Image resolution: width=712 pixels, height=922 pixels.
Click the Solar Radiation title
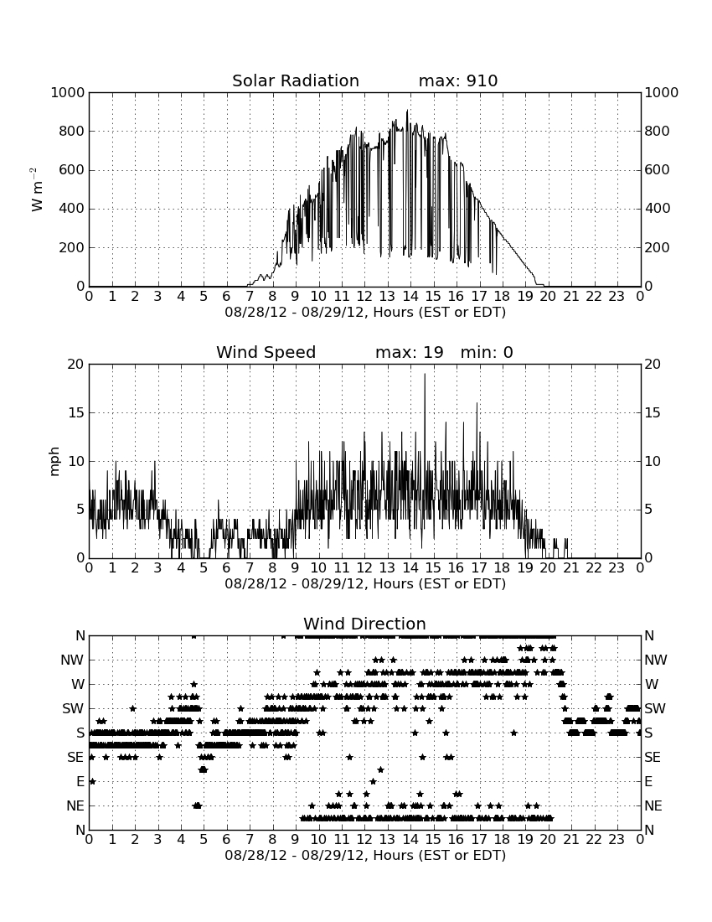tap(296, 80)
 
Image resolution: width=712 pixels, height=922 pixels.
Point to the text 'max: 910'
tap(458, 80)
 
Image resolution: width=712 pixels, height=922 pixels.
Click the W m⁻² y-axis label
tap(37, 189)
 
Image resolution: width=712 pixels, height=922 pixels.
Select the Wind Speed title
tap(266, 352)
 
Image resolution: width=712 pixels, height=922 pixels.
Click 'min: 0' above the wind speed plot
tap(487, 352)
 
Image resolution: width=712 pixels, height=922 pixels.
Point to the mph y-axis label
tap(54, 461)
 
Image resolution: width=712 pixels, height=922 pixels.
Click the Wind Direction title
tap(364, 624)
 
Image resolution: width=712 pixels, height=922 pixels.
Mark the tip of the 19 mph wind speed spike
tap(425, 374)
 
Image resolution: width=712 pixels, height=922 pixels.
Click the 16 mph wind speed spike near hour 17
tap(477, 403)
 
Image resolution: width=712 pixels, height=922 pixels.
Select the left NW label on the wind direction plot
tap(72, 660)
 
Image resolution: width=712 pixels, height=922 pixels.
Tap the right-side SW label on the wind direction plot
tap(655, 708)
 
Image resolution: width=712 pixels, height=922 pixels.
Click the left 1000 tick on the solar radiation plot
tap(68, 92)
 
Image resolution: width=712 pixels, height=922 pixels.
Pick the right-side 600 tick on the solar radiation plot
tap(658, 170)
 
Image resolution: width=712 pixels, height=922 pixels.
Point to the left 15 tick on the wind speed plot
tap(76, 412)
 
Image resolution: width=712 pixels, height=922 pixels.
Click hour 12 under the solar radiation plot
tap(364, 297)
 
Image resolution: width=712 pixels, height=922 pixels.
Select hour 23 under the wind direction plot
tap(617, 840)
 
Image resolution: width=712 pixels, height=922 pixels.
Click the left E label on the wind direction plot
tap(80, 781)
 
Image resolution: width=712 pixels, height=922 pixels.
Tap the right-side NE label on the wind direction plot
tap(653, 805)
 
